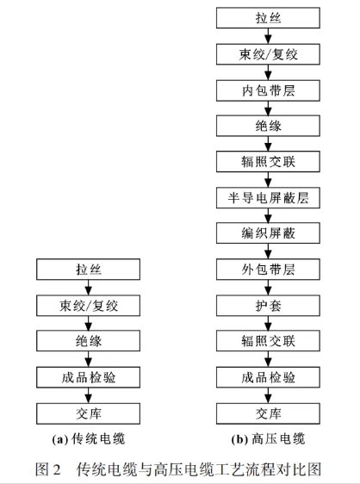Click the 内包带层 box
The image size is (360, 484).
click(x=268, y=90)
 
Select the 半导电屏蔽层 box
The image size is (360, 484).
click(x=268, y=197)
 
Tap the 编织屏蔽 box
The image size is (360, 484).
click(x=268, y=233)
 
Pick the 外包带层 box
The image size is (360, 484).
click(x=268, y=270)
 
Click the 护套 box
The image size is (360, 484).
click(x=268, y=306)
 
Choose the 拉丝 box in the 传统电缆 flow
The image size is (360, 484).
click(x=89, y=270)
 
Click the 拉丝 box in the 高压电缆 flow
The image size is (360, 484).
click(x=268, y=18)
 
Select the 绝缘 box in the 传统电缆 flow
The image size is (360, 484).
click(x=89, y=341)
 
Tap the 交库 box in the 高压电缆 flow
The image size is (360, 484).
click(x=268, y=413)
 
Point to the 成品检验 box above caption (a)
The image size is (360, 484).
click(x=89, y=377)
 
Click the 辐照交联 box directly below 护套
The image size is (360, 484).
click(x=268, y=341)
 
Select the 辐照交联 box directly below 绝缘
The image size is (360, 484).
click(x=268, y=161)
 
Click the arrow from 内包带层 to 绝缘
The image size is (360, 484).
click(x=268, y=109)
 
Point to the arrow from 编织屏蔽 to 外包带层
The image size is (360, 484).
click(x=268, y=251)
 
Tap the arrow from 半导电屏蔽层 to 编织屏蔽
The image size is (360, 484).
click(x=268, y=215)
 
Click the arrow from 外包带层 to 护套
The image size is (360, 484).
click(x=268, y=288)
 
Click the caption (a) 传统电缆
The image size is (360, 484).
click(x=89, y=439)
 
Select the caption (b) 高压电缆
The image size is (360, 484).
click(x=269, y=439)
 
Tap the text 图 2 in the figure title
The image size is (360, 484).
click(x=48, y=469)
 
